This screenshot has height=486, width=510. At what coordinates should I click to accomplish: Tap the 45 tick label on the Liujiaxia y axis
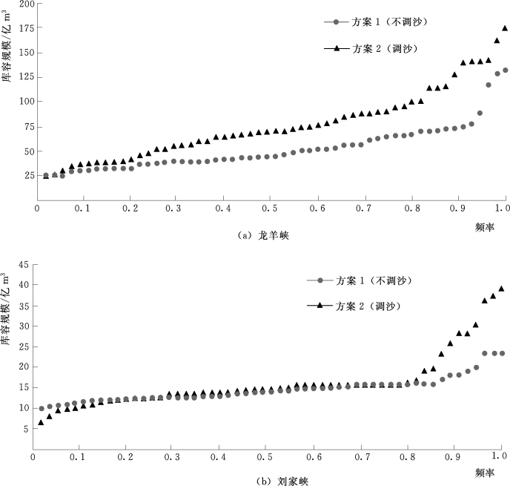(x=23, y=263)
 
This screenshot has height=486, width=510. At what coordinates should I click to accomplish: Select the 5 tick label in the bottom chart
(x=25, y=428)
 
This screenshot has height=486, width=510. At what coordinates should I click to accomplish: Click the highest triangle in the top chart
(x=505, y=28)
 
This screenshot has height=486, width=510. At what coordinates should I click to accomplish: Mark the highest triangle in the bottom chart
(x=501, y=289)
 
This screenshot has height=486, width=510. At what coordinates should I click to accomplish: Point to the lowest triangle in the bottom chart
(x=41, y=423)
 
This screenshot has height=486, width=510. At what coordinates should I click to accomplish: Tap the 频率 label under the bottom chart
(x=486, y=471)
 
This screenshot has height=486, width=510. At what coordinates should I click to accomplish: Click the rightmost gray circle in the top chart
(x=505, y=70)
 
